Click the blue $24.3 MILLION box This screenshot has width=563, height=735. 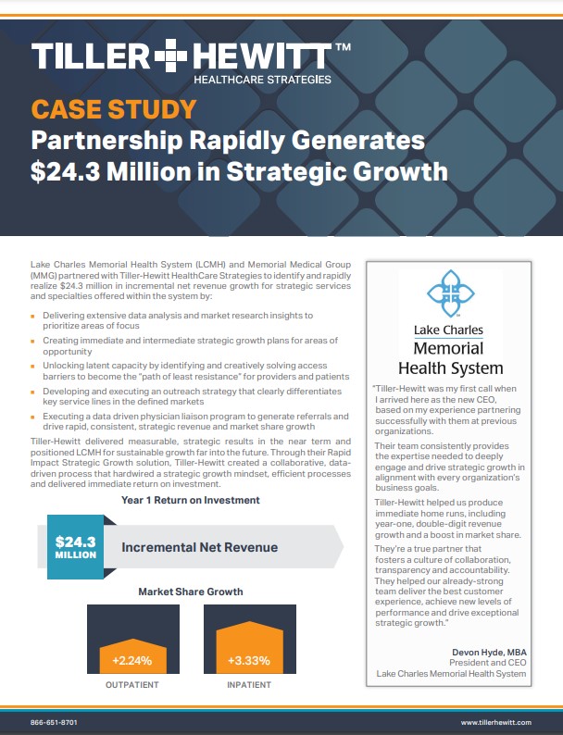(x=75, y=546)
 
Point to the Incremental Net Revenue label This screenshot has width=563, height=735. (x=199, y=547)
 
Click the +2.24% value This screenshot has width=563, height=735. (x=126, y=661)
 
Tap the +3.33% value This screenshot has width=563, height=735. (x=248, y=661)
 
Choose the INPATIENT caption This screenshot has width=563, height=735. (x=248, y=686)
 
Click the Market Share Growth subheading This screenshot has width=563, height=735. (x=191, y=591)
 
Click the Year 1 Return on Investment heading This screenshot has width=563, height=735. (x=190, y=500)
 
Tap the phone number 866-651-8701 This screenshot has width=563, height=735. (x=55, y=721)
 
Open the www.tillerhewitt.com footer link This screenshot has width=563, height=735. (x=495, y=721)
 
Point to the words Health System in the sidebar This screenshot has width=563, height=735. (x=448, y=367)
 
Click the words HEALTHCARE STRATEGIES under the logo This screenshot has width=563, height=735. (x=262, y=81)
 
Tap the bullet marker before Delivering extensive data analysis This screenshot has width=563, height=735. (x=33, y=317)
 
